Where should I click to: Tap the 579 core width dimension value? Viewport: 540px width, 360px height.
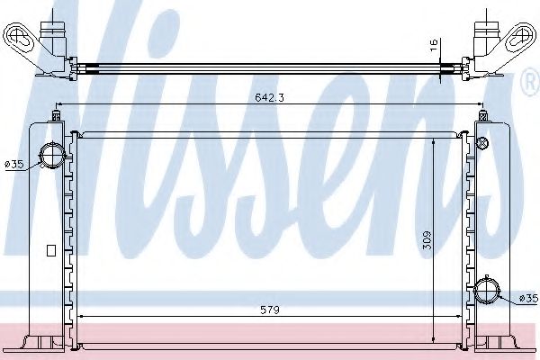tap(270, 310)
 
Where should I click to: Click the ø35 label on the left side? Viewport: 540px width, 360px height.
tap(13, 165)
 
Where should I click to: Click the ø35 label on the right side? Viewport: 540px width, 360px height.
tap(528, 298)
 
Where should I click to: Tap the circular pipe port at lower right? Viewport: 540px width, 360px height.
tap(490, 292)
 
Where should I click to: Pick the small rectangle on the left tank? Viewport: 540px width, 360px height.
tap(51, 249)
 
